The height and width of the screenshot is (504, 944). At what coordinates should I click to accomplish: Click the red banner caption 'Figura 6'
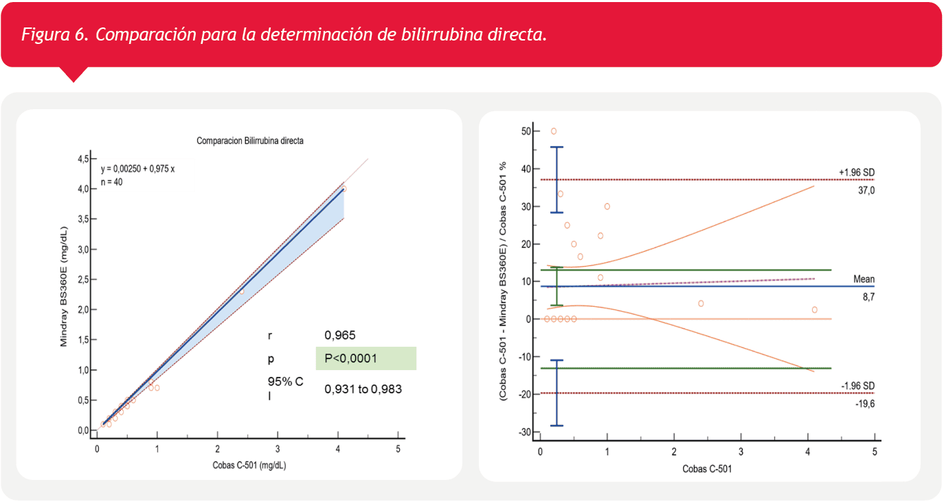coord(55,35)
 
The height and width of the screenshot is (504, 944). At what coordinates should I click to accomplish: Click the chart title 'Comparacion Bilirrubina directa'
coord(250,141)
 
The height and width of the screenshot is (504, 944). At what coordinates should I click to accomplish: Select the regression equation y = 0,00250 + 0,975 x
coord(137,168)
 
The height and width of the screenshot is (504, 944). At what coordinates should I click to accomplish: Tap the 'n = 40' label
coord(112,182)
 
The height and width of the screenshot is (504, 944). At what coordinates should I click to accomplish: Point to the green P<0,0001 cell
coord(366,358)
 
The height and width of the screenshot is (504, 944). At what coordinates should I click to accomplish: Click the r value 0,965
coord(340,335)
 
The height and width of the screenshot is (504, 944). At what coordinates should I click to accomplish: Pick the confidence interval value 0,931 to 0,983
coord(363,389)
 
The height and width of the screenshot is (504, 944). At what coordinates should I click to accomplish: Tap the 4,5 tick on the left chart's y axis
coord(83,159)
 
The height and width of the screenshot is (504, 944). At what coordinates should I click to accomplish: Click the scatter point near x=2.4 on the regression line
coord(242,292)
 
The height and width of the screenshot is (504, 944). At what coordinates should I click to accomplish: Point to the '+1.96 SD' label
coord(856,172)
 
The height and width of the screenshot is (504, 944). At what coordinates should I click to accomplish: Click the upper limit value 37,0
coord(865,190)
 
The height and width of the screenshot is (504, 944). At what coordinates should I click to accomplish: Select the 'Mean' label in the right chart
coord(864,279)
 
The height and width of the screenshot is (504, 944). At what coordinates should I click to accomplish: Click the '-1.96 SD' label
coord(857,385)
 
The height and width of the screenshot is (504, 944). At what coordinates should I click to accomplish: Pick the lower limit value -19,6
coord(864,404)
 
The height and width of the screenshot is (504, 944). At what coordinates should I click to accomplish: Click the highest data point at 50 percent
coord(554,131)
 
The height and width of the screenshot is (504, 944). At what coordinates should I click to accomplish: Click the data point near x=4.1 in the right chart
coord(814,310)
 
